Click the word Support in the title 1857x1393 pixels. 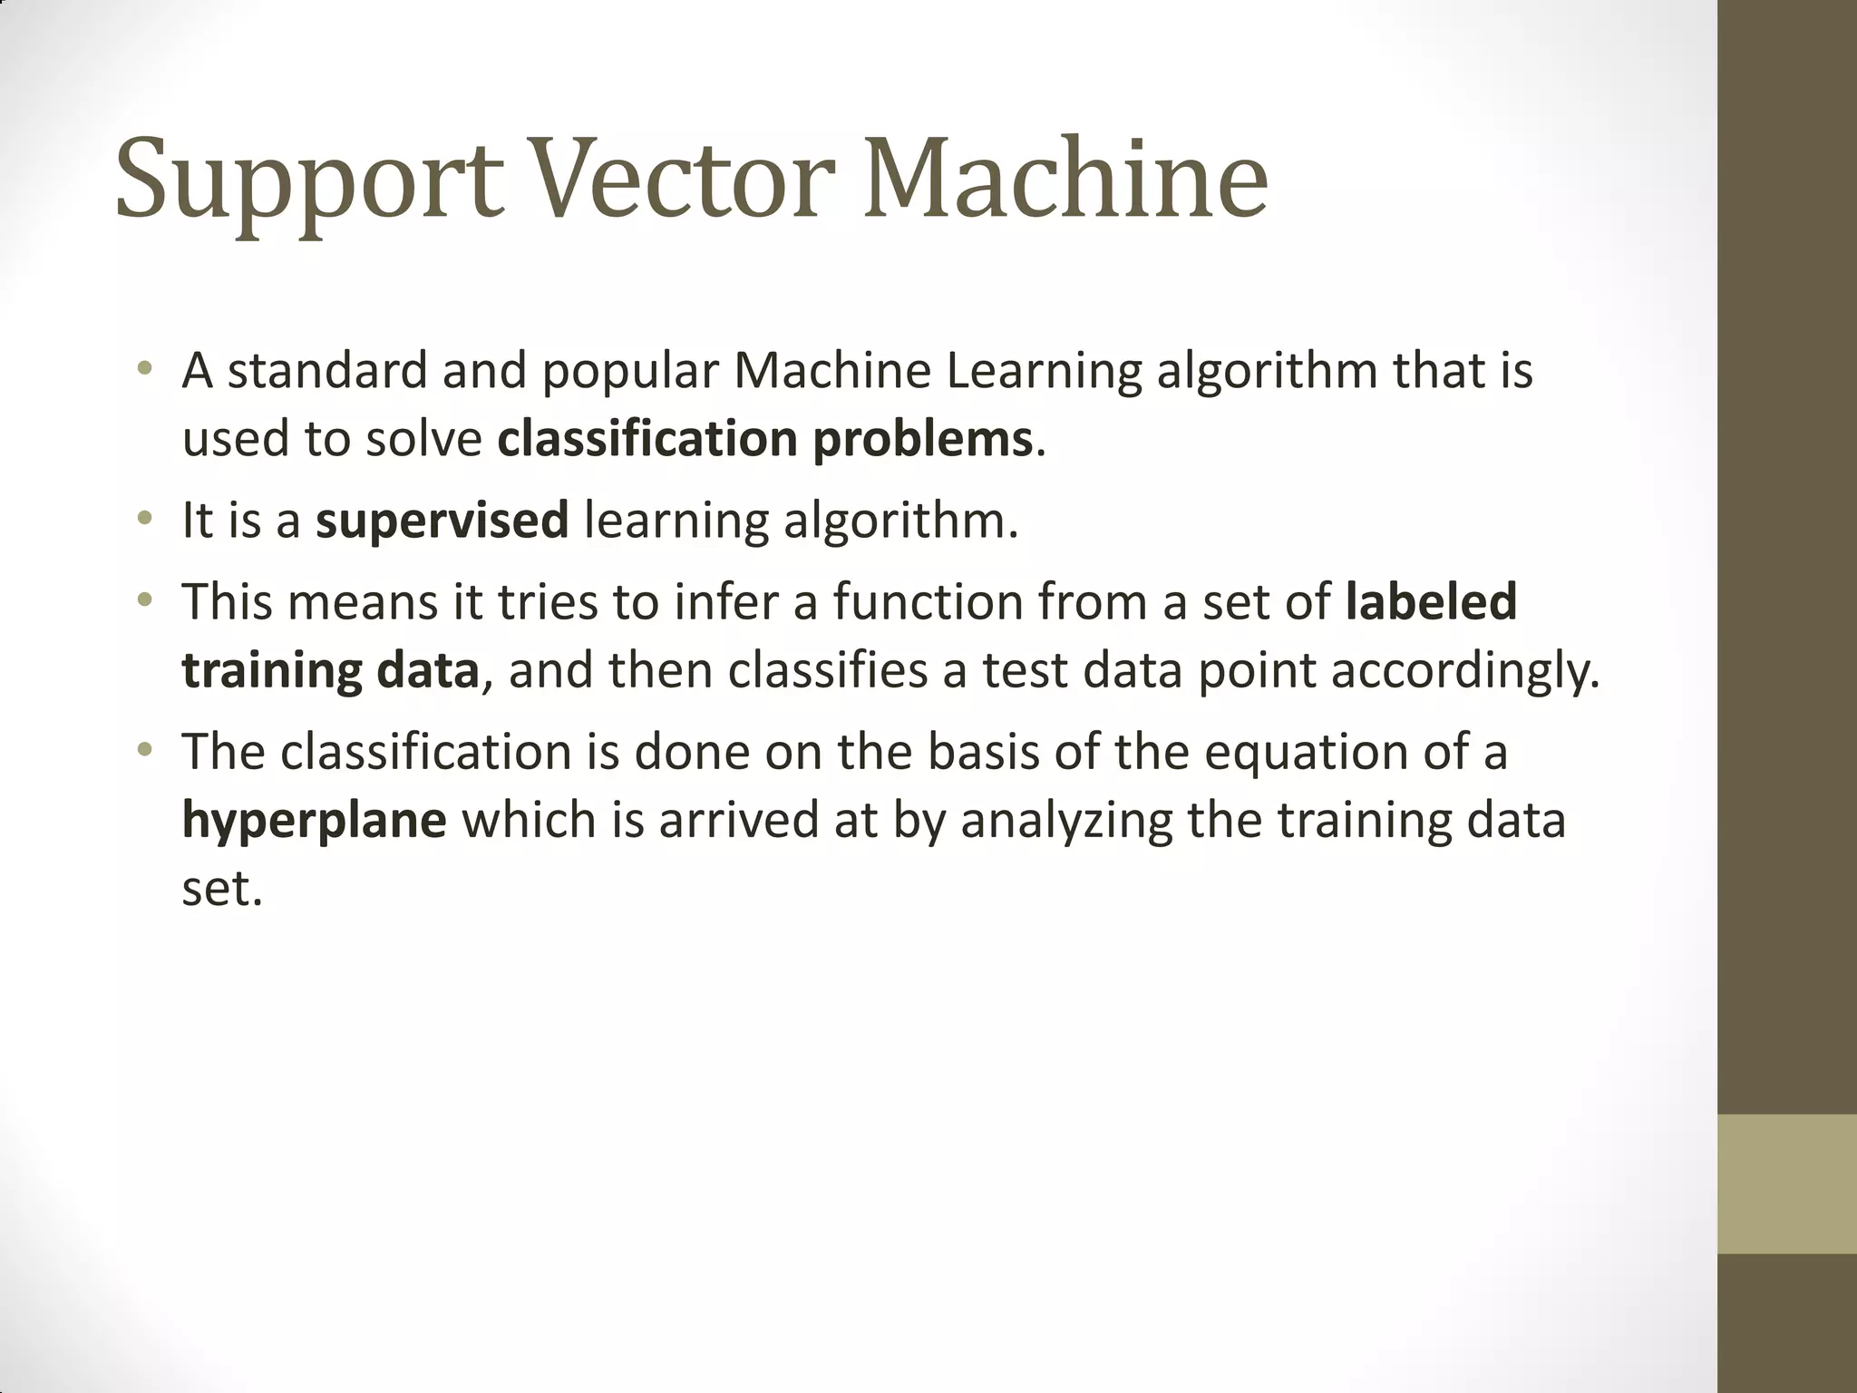(x=308, y=181)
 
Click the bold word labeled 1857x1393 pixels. (x=1431, y=602)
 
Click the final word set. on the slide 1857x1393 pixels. (x=222, y=889)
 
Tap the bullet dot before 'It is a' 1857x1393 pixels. (x=143, y=520)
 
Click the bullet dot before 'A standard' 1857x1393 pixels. (x=143, y=369)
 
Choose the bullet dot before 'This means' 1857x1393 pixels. (x=143, y=599)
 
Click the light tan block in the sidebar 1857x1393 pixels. (x=1786, y=1184)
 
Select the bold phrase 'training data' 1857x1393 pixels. (x=330, y=672)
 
